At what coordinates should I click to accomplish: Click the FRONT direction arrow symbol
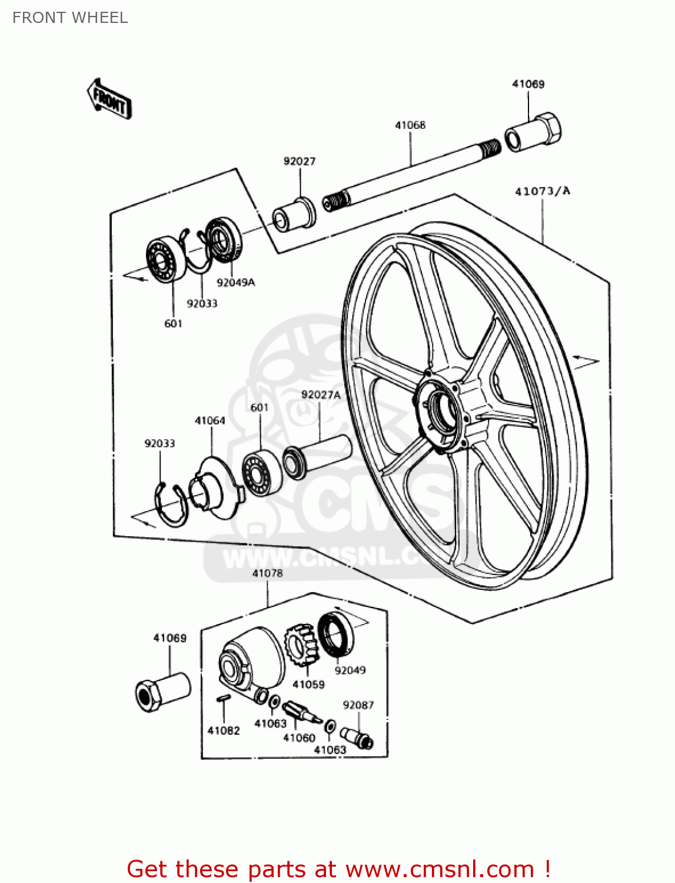pos(109,99)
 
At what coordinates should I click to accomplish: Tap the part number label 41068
pos(410,125)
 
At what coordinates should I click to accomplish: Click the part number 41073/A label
pos(542,191)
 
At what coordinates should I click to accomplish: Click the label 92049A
pos(235,283)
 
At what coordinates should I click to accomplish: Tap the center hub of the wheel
pos(441,407)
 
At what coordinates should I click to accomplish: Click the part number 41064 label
pos(210,420)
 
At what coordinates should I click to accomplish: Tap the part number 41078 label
pos(267,573)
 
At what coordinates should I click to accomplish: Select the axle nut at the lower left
pos(162,691)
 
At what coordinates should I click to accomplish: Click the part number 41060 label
pos(299,738)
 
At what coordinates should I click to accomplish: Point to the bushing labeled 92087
pos(357,736)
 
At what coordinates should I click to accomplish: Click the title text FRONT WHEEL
pos(70,18)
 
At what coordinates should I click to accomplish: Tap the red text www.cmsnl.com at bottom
pos(440,869)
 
